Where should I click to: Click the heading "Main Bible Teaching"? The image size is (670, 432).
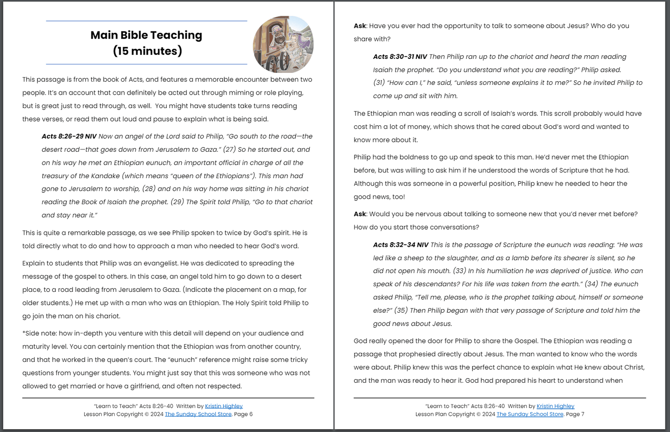pyautogui.click(x=146, y=35)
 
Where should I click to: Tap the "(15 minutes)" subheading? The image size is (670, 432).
pyautogui.click(x=147, y=51)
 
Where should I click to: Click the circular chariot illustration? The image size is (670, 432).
pyautogui.click(x=283, y=45)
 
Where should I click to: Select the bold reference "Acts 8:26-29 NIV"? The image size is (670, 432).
pyautogui.click(x=69, y=136)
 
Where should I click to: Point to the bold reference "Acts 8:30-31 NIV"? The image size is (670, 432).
pyautogui.click(x=400, y=57)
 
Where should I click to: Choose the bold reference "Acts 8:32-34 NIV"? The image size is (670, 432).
pyautogui.click(x=401, y=245)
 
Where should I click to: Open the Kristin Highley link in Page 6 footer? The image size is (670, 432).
pyautogui.click(x=223, y=406)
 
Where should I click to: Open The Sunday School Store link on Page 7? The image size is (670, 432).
pyautogui.click(x=530, y=414)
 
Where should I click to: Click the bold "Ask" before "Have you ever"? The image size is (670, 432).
pyautogui.click(x=360, y=26)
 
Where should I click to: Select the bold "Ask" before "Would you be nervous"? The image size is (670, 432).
pyautogui.click(x=360, y=214)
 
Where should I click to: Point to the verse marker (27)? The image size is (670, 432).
pyautogui.click(x=230, y=149)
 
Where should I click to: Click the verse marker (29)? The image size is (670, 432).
pyautogui.click(x=177, y=202)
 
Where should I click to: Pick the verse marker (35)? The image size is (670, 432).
pyautogui.click(x=401, y=310)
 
